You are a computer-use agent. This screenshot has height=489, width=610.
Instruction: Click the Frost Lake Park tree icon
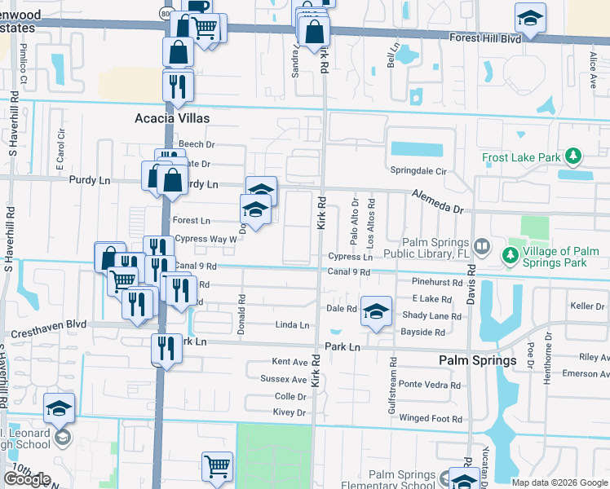point(574,156)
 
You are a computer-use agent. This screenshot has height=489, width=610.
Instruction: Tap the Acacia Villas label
point(172,118)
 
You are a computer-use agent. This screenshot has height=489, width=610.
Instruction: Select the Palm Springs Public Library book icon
point(482,245)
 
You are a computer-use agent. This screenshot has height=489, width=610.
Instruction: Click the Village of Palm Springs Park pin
point(511,255)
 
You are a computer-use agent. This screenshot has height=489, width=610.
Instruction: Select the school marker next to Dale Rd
point(376,311)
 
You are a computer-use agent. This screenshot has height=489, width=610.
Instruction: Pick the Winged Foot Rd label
point(431,419)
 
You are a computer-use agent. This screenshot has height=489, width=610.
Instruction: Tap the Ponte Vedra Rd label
point(430,385)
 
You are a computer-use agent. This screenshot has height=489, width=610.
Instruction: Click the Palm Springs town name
point(477,360)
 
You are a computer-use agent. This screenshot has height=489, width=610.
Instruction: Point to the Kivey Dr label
point(290,413)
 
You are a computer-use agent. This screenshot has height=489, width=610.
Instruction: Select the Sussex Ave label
point(284,379)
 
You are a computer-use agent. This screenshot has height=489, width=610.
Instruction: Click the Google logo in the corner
point(27,478)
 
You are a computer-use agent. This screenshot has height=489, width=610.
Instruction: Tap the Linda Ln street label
point(293,325)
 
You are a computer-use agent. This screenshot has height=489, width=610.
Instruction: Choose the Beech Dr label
point(197,144)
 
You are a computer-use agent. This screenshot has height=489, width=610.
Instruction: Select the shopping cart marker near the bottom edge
point(218,467)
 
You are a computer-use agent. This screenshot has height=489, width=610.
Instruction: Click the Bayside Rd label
point(422,332)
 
